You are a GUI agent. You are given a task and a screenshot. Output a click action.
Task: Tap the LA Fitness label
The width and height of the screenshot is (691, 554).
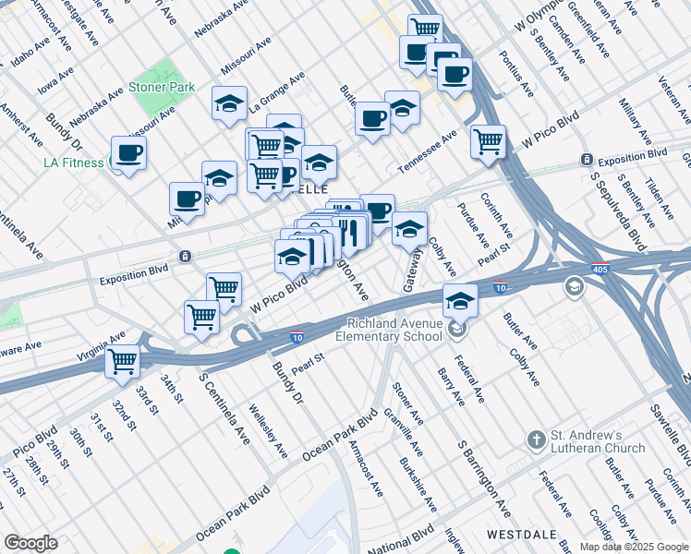click(x=76, y=163)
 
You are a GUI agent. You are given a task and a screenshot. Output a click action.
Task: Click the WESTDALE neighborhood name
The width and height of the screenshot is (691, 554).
click(x=511, y=535)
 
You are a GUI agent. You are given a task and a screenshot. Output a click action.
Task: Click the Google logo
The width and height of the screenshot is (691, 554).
click(x=31, y=543)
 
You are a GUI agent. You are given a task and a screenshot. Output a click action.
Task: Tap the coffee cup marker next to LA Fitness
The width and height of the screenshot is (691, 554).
click(x=129, y=153)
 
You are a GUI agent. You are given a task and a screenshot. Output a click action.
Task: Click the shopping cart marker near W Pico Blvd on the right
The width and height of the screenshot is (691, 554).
click(x=488, y=141)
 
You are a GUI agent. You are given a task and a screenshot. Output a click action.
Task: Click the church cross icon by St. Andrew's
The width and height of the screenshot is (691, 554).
click(x=535, y=440)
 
